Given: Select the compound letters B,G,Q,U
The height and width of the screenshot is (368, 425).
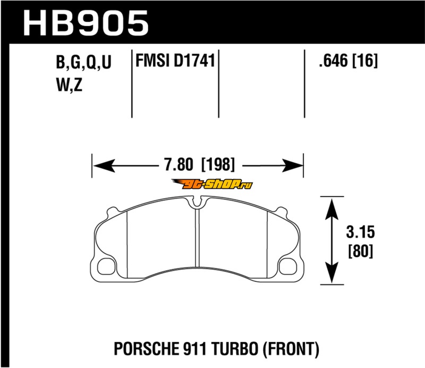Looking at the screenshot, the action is point(83,62).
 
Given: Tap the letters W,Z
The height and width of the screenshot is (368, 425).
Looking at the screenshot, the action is point(69,85).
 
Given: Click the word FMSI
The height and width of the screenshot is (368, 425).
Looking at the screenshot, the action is point(152,60).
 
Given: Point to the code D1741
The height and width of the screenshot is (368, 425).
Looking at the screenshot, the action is point(194,60).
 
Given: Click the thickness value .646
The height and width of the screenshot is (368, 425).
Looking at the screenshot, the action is point(333,60).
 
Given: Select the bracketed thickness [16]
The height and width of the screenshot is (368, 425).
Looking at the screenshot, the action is point(364,60).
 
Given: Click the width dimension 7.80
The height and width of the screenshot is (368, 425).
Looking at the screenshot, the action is point(179,164).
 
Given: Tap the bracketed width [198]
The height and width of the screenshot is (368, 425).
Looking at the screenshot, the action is point(218,164).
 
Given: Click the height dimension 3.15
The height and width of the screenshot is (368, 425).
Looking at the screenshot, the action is point(360,232).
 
